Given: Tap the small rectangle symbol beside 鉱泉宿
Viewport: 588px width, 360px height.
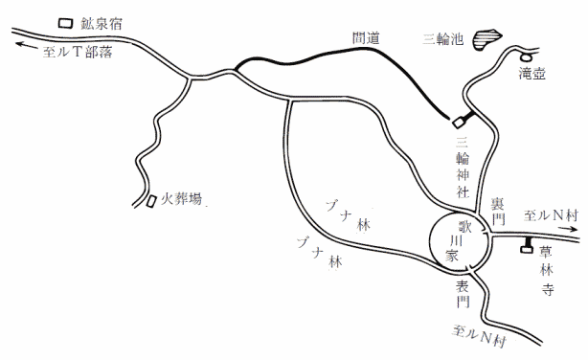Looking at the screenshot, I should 64,22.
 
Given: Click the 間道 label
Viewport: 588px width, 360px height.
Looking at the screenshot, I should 367,37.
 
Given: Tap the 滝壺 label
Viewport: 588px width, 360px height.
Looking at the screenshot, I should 531,72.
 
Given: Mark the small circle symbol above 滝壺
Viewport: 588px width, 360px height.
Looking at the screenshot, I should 526,45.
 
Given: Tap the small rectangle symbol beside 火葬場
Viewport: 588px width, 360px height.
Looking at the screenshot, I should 151,201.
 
